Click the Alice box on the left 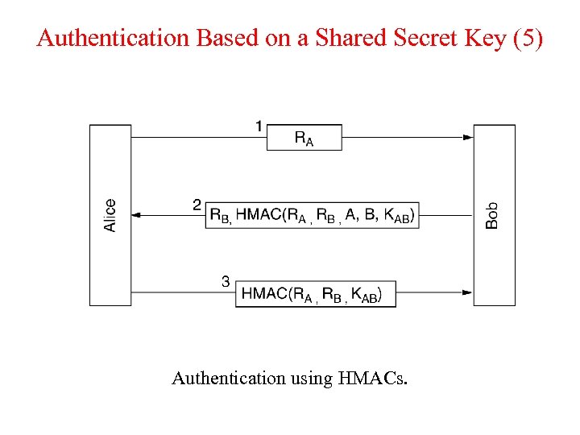coord(110,215)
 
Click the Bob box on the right coord(494,215)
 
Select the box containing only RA coord(304,138)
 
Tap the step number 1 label coord(259,126)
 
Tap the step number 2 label coord(197,205)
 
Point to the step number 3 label coord(226,281)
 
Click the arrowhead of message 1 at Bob coord(468,138)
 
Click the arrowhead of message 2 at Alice coord(136,215)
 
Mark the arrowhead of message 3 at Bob coord(468,292)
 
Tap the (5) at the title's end coord(528,38)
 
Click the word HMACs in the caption coord(377,377)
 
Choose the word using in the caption coord(310,378)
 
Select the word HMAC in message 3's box coord(264,293)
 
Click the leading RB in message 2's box coord(219,215)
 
